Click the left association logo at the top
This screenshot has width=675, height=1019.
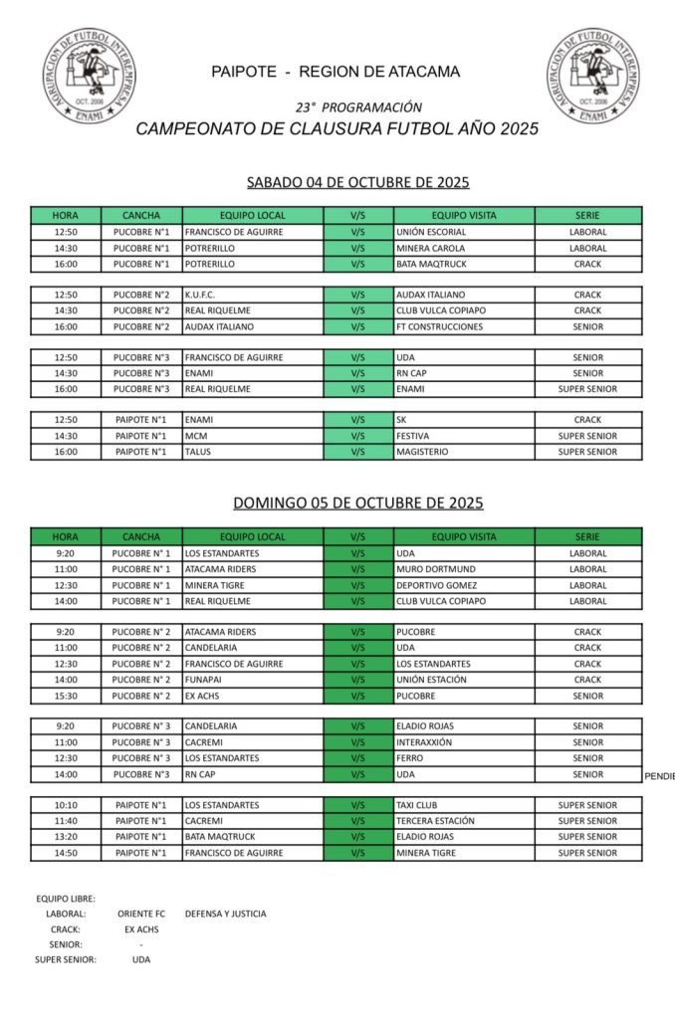88,77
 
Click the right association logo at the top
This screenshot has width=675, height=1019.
591,77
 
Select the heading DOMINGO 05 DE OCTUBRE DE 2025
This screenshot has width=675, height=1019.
358,504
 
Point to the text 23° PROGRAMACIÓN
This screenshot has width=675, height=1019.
358,106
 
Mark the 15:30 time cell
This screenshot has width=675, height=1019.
66,696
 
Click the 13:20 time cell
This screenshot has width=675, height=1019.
66,837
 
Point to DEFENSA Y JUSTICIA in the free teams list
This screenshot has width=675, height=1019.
225,914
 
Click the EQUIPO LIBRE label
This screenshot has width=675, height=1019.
66,899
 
